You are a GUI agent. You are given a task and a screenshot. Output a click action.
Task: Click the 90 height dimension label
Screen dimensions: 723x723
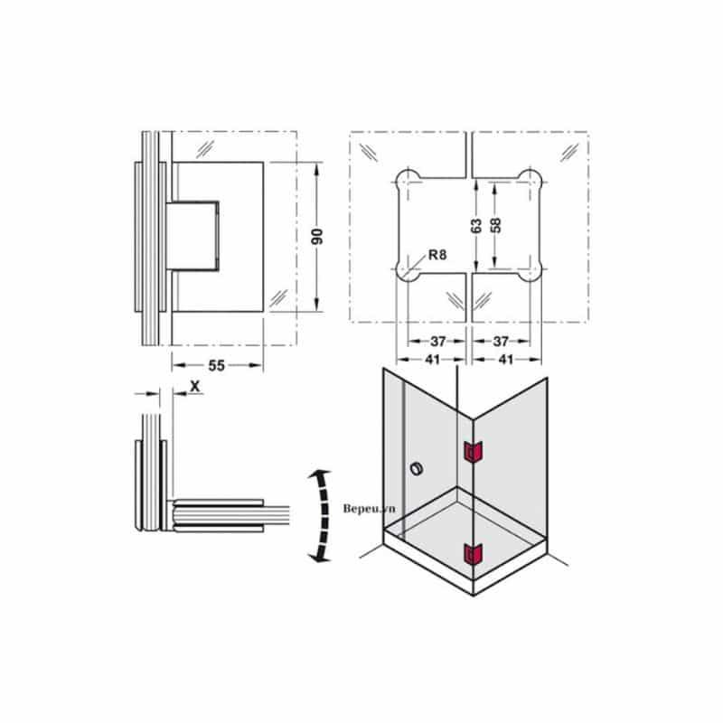click(x=318, y=237)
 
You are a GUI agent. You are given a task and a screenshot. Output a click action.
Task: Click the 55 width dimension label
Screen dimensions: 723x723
click(x=216, y=366)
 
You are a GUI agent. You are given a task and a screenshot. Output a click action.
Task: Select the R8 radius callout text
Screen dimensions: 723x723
click(x=437, y=254)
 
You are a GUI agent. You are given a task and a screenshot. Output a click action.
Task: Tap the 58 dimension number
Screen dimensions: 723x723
click(x=495, y=225)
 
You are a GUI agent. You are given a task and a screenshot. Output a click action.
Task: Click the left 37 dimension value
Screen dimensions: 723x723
click(x=438, y=342)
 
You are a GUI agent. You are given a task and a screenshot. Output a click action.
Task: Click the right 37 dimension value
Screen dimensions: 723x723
click(x=501, y=342)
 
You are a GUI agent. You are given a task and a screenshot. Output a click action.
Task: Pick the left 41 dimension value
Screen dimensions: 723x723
click(x=432, y=359)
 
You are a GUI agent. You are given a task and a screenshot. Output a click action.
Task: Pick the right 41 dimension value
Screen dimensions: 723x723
click(x=506, y=359)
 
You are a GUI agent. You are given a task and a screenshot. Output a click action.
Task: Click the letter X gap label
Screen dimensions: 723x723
click(x=195, y=387)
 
